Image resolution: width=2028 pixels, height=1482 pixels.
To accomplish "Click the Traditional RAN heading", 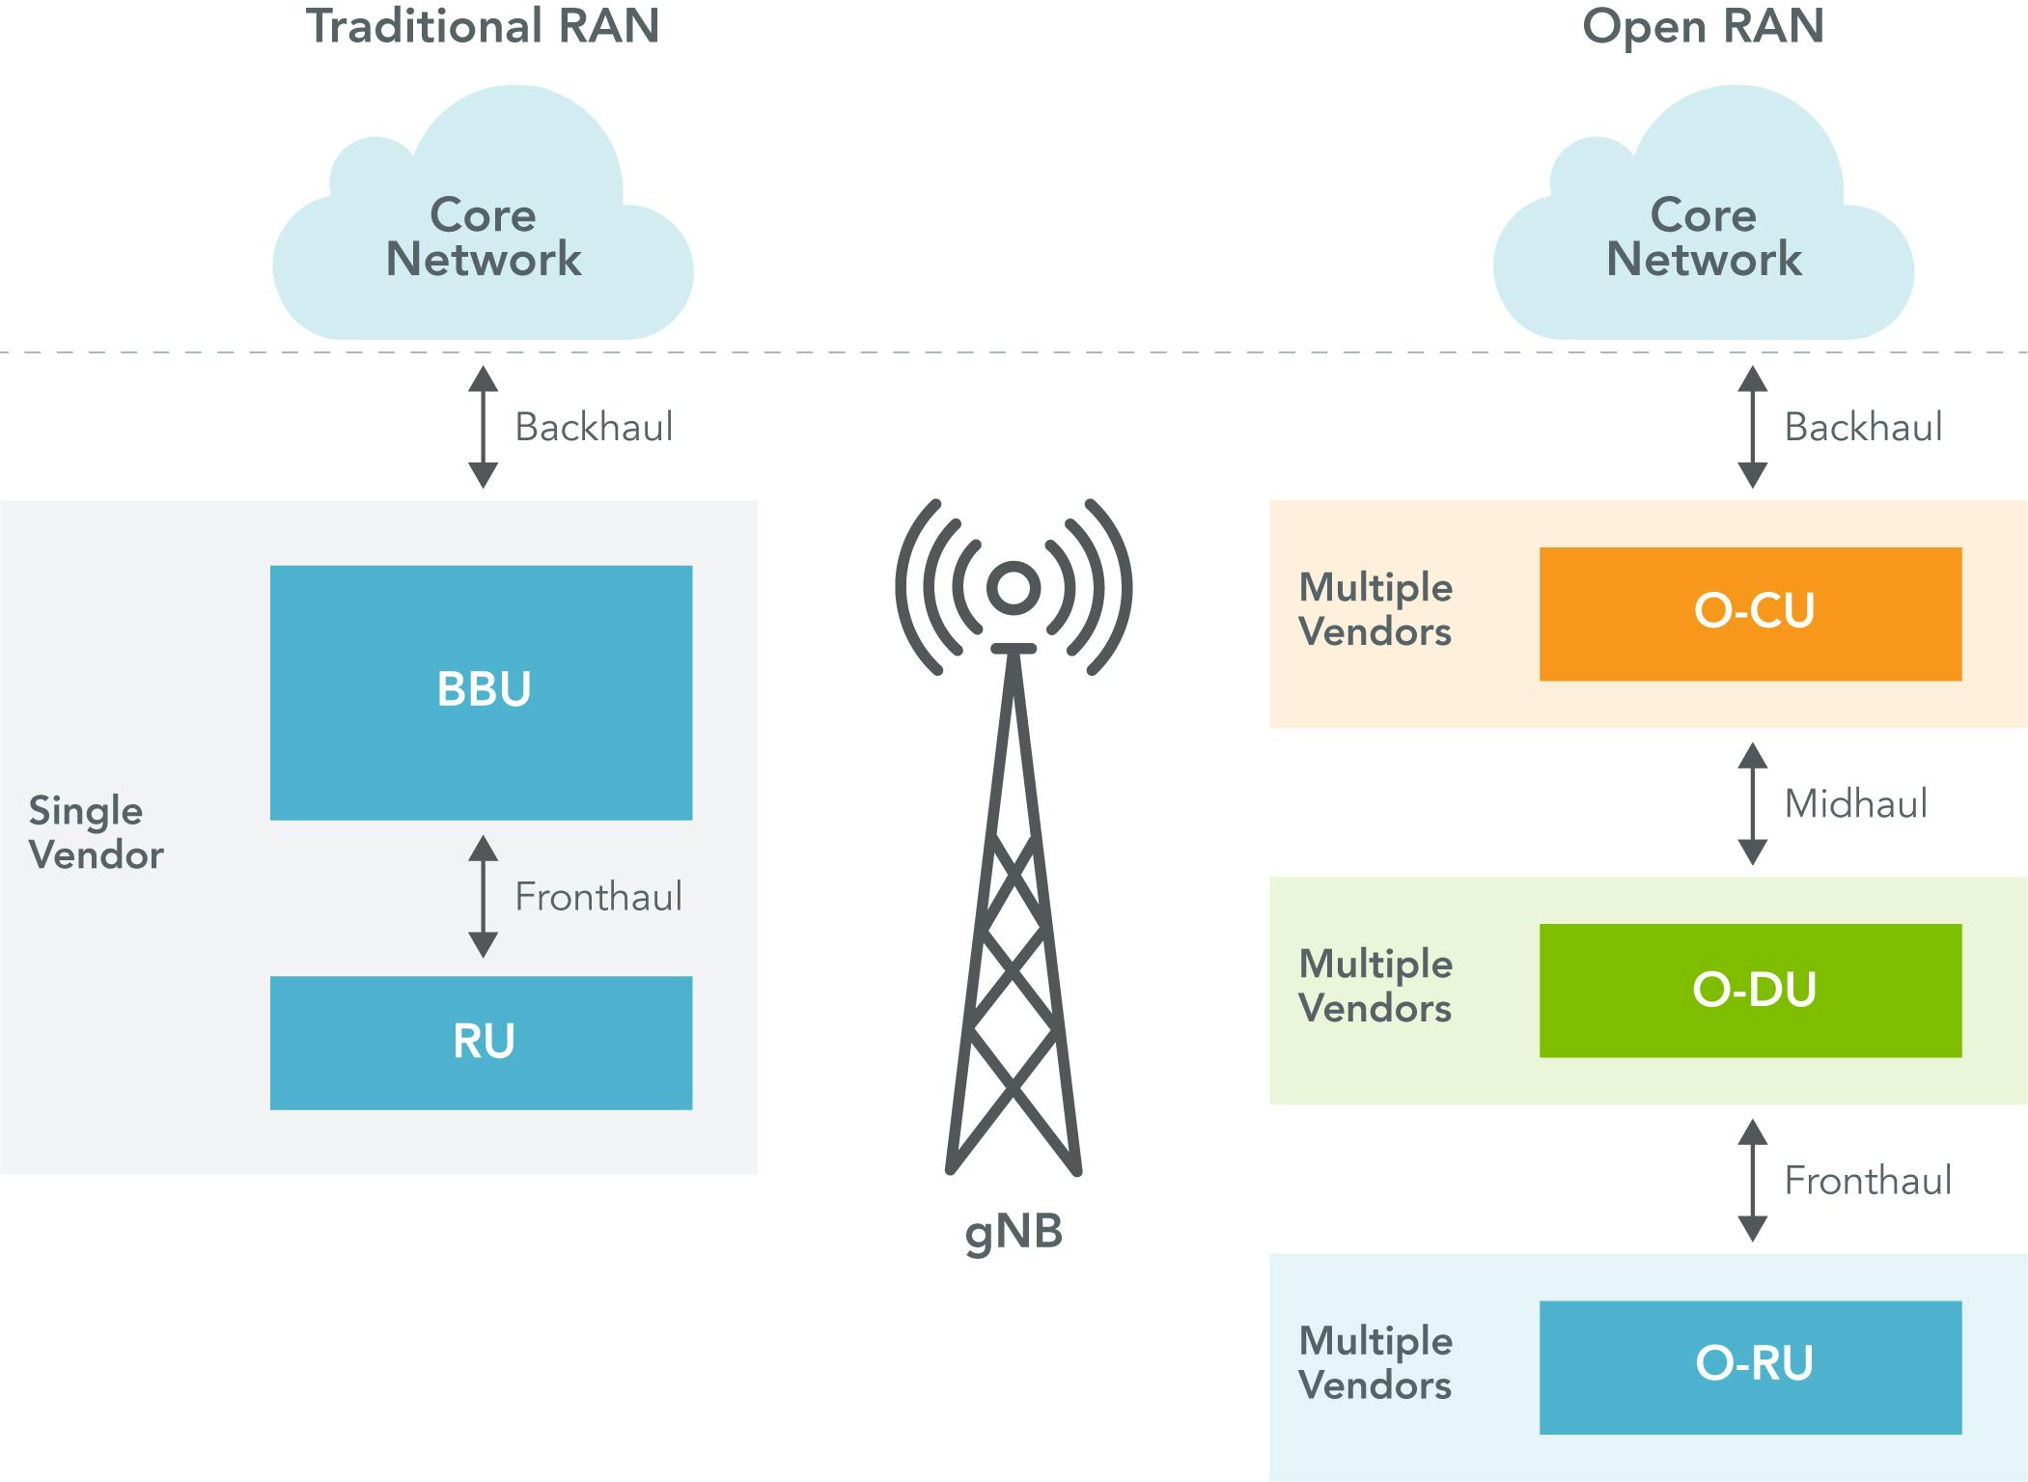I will point(483,26).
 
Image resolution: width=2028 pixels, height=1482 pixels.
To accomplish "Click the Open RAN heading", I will point(1703,26).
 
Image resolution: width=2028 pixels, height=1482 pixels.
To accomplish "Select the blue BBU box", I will point(481,692).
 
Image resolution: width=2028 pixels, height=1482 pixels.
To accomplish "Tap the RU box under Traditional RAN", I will point(481,1043).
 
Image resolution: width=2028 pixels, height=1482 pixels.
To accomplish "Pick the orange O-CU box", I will point(1750,614).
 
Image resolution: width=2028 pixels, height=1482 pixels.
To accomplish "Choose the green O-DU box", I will point(1750,991).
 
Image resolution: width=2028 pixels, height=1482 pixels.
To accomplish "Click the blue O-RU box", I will point(1750,1367).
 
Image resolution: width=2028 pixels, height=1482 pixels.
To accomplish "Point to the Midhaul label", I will point(1854,804).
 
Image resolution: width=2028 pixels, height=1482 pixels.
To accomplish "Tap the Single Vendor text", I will point(96,832).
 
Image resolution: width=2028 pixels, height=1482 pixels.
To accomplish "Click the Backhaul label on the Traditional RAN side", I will point(593,428).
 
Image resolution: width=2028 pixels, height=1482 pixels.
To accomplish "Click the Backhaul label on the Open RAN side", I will point(1862,428).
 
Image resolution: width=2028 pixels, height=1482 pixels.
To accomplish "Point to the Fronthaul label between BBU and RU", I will point(597,897).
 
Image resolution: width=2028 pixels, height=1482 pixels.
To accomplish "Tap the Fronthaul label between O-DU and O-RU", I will point(1867,1181).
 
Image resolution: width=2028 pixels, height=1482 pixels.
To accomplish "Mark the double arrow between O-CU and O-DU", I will point(1752,803).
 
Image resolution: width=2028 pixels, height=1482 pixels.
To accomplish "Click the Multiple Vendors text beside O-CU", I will point(1375,610).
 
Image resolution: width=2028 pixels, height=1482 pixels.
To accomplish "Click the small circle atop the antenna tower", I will point(1014,587).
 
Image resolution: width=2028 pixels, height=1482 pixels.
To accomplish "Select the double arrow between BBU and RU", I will point(483,896).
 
